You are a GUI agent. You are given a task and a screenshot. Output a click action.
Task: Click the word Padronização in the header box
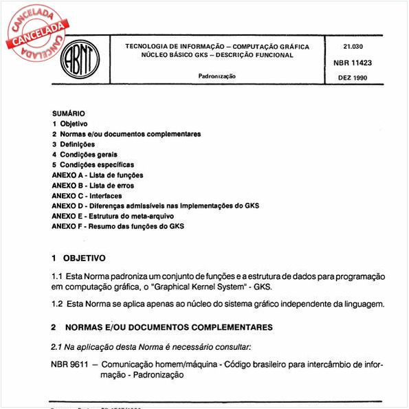217,76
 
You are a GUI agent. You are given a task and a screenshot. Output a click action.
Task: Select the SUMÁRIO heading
68,113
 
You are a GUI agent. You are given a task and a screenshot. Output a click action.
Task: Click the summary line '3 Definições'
74,144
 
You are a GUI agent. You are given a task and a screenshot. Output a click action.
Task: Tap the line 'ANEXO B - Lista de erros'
93,186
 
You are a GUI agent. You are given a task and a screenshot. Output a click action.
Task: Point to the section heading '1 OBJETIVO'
78,259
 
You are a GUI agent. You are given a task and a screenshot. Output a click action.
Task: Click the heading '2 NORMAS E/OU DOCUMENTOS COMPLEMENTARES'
162,327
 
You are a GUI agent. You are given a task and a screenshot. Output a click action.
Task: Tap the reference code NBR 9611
69,365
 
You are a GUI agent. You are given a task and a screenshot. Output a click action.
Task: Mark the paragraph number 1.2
58,303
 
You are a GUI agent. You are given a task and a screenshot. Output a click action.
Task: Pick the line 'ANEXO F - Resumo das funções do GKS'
118,226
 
